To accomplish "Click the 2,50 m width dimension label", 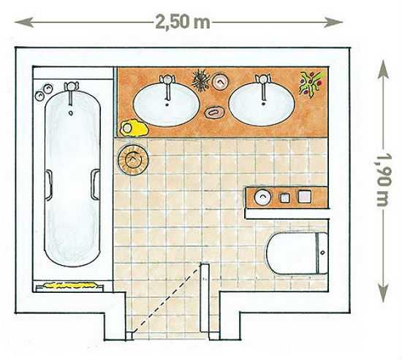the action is click(x=183, y=22).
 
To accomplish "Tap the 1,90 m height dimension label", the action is click(x=384, y=180).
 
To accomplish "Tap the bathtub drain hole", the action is click(x=71, y=112).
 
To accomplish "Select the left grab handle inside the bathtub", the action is click(x=49, y=184).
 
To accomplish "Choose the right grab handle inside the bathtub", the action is click(x=95, y=184).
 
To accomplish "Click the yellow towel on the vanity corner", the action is click(x=134, y=127).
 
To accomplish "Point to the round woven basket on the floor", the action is click(x=133, y=160).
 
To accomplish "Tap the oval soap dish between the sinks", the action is click(x=215, y=112).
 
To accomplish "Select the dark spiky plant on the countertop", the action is click(x=201, y=80).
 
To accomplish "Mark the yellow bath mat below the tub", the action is click(x=69, y=286).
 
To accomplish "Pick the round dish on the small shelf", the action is click(x=262, y=197).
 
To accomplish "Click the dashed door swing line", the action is click(x=166, y=299).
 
